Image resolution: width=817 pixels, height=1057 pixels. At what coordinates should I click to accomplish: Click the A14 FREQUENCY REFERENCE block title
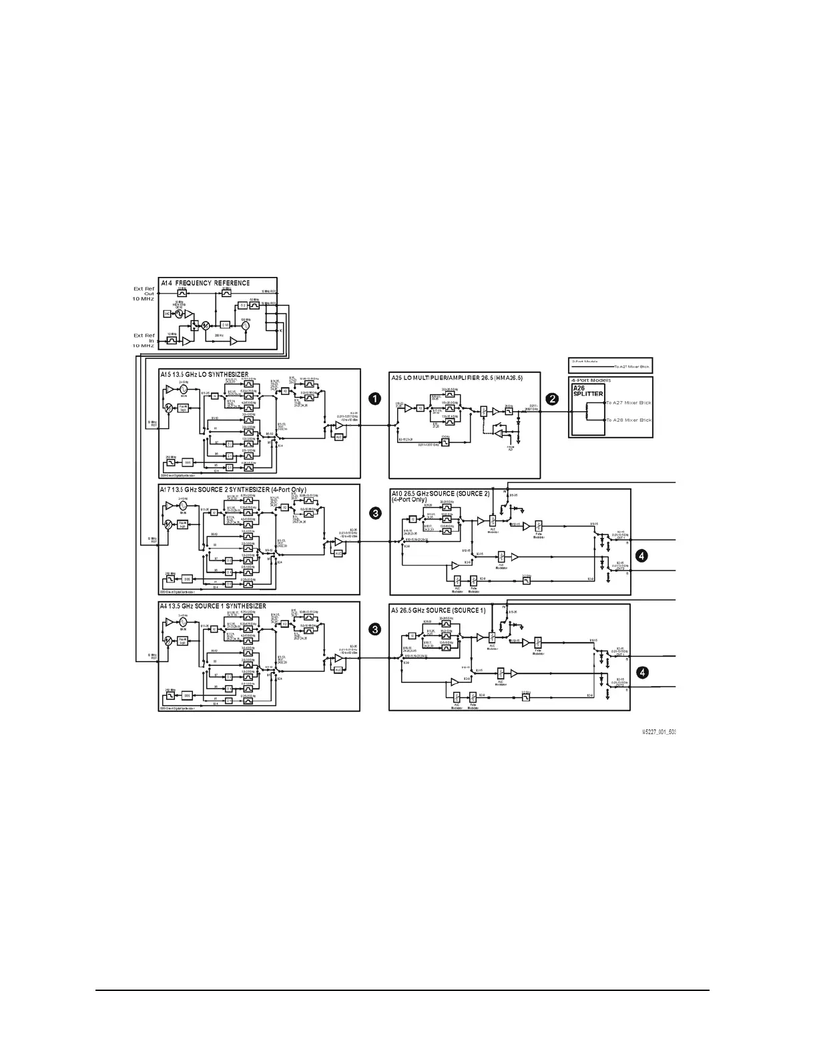pos(206,283)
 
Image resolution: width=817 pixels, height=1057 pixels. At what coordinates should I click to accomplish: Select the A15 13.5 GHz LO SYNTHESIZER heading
pos(204,375)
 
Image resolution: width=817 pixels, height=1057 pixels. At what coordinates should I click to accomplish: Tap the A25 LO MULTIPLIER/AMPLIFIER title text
pos(457,378)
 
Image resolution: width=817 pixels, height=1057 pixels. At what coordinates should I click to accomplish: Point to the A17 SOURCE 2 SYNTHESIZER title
pos(233,490)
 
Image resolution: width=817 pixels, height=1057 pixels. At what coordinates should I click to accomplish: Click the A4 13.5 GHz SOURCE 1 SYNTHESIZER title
pos(213,607)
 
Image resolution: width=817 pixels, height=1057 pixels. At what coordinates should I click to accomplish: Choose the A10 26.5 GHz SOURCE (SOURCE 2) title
pos(440,494)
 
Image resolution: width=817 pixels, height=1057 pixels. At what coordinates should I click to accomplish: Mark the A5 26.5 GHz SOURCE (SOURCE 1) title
pos(439,611)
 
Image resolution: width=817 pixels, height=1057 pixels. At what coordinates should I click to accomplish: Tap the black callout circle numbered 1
pos(376,398)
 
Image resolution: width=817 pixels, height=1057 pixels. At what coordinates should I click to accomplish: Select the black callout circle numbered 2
pos(553,398)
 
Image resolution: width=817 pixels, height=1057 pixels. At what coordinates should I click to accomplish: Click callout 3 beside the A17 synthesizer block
pos(376,513)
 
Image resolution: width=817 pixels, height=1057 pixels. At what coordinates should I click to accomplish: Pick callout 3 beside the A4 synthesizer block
pos(376,629)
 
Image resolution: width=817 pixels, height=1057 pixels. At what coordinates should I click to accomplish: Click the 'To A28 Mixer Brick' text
pos(629,420)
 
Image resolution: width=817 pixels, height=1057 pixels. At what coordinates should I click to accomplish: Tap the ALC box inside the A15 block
pos(338,437)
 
